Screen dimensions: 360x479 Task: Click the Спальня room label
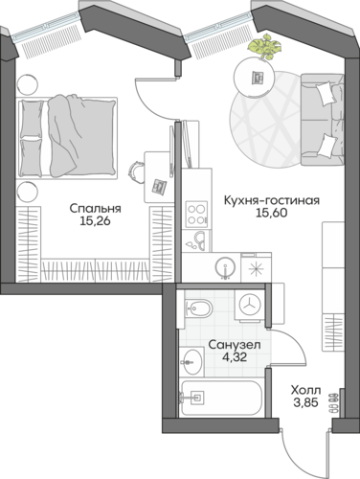coord(96,209)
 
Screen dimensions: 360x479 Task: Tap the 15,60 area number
coord(272,213)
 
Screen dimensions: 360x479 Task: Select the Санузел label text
coord(235,345)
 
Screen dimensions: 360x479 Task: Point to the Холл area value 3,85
coord(305,402)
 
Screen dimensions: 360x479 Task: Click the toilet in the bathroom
coord(198,308)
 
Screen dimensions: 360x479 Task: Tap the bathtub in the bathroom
coord(221,399)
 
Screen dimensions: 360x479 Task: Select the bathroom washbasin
coord(191,362)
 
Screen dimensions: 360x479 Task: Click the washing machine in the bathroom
coord(250,305)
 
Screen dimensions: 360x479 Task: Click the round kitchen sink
coord(226,267)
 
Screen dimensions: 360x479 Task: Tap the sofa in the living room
coord(323,120)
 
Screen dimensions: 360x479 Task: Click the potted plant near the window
coord(263,46)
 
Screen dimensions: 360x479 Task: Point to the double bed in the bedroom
coord(67,137)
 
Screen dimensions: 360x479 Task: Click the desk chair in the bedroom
coord(136,172)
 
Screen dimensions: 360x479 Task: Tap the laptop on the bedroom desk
coord(159,187)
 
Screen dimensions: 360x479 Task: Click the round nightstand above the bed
coord(27,84)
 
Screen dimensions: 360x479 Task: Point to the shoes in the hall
coord(333,401)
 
